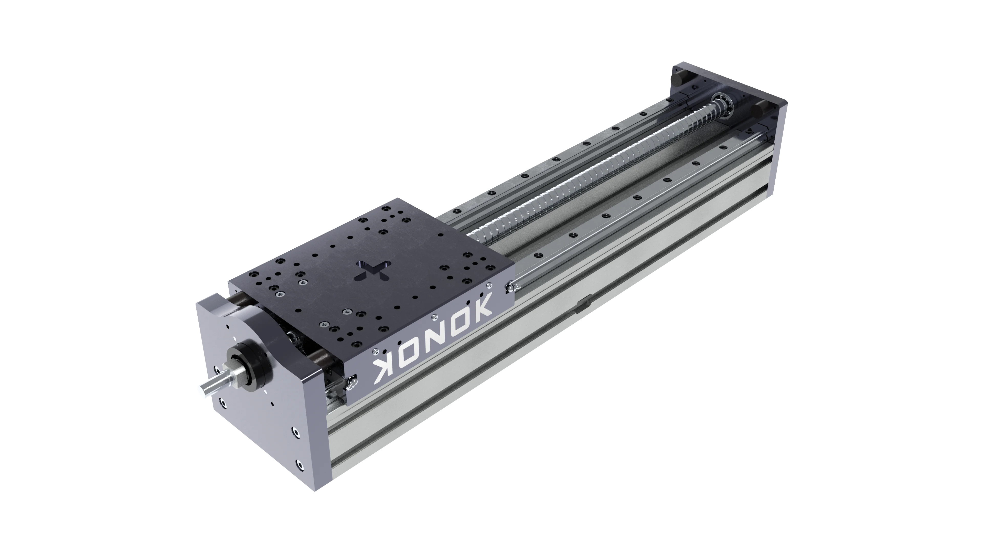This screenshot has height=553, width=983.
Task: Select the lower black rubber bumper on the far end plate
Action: point(757,110)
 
